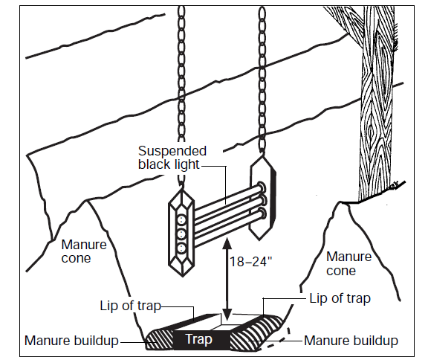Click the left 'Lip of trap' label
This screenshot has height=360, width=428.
(132, 306)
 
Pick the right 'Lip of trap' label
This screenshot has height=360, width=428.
(340, 298)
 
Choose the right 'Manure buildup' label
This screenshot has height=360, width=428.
(350, 341)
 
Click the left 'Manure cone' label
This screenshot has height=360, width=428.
(84, 251)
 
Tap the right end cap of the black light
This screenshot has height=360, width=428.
(265, 197)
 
